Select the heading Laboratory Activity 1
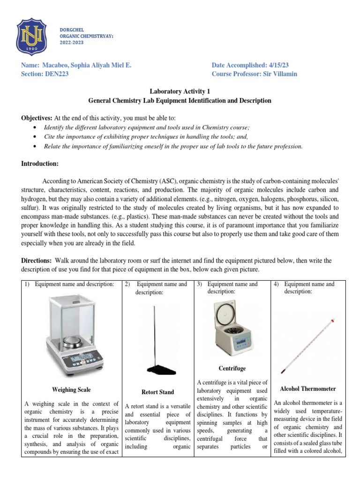click(180, 92)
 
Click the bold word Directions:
click(37, 260)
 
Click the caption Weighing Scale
click(72, 390)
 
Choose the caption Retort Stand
click(157, 392)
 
